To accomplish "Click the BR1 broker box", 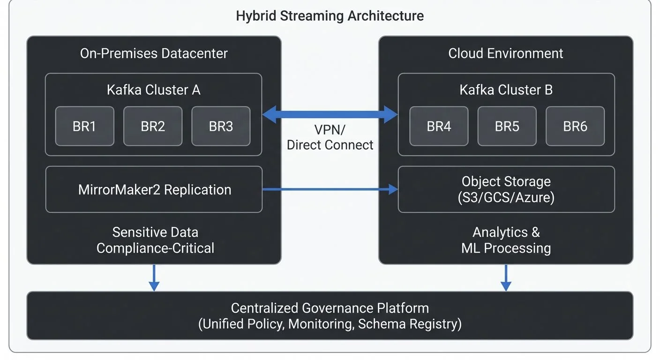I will [x=84, y=126].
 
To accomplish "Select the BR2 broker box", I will [x=153, y=126].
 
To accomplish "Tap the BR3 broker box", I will [x=221, y=126].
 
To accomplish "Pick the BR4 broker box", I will [x=439, y=126].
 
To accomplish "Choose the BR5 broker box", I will [x=507, y=126].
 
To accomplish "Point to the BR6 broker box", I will [x=575, y=126].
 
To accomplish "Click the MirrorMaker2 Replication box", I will [x=154, y=189].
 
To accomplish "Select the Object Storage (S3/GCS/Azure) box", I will [x=506, y=189].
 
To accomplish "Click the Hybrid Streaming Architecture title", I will [x=330, y=16].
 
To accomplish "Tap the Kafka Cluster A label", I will [x=153, y=90].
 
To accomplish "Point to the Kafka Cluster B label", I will [x=506, y=90].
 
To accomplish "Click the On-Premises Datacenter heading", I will [x=154, y=53].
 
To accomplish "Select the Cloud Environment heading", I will [x=506, y=53].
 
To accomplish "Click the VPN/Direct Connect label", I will [x=330, y=137].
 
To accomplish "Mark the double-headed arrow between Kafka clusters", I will [x=330, y=114].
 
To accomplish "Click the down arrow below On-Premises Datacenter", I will [x=154, y=277].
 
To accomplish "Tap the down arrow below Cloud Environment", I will [x=506, y=277].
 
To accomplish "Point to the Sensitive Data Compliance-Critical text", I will [x=155, y=240].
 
